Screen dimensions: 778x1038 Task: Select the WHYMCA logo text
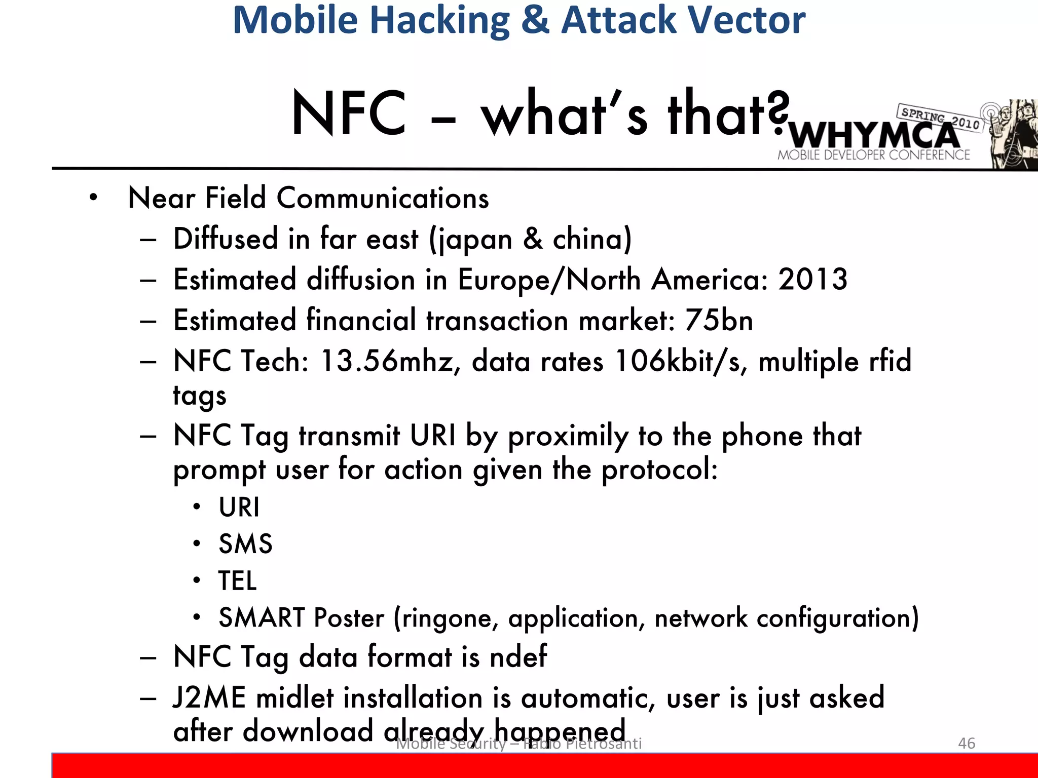click(x=874, y=135)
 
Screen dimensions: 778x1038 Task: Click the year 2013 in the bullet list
click(x=812, y=279)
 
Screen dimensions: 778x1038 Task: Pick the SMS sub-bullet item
click(x=245, y=544)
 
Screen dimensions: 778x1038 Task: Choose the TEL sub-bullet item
click(x=237, y=581)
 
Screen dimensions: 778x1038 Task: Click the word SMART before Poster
click(x=262, y=618)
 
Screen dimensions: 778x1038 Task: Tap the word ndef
click(x=518, y=657)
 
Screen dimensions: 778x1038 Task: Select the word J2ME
click(x=209, y=698)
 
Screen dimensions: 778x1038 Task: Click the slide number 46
click(x=967, y=743)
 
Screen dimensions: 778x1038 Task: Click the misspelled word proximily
click(x=568, y=436)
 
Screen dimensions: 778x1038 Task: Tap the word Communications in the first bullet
click(x=383, y=198)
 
